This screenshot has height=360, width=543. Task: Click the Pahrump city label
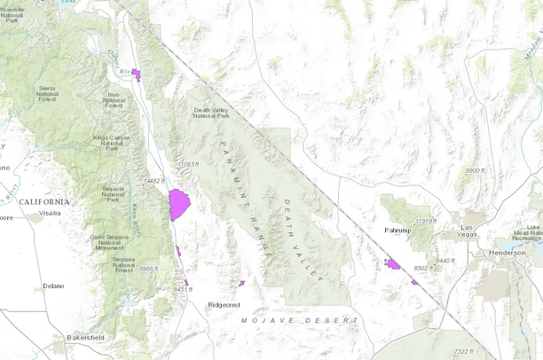[397, 230]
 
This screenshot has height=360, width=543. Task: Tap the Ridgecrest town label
[224, 304]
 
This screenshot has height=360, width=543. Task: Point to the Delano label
[54, 286]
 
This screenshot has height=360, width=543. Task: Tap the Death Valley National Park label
[213, 114]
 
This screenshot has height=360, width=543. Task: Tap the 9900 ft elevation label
[476, 170]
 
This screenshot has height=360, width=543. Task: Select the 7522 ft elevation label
[463, 352]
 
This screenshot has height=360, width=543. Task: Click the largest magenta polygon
[179, 204]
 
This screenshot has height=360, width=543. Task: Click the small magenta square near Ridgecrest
[241, 284]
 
